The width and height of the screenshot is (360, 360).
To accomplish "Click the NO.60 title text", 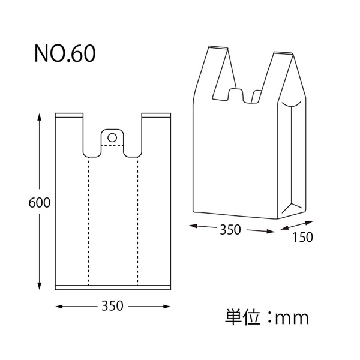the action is tap(65, 53).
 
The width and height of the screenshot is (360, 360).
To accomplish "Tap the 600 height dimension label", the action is tap(40, 203).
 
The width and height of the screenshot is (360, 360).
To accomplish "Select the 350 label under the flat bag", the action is tap(113, 306).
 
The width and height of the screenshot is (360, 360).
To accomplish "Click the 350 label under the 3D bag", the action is tap(230, 230).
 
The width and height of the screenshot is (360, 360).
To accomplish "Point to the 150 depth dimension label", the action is tap(302, 237).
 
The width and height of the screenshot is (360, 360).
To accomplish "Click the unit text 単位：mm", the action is tap(267, 318).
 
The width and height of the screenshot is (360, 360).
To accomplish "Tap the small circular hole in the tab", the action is tap(112, 138).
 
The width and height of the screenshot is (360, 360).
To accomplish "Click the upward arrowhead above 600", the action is tap(40, 116).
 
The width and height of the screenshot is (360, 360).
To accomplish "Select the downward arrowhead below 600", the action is tap(40, 286).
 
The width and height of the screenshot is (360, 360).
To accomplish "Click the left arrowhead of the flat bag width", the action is tap(59, 307).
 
